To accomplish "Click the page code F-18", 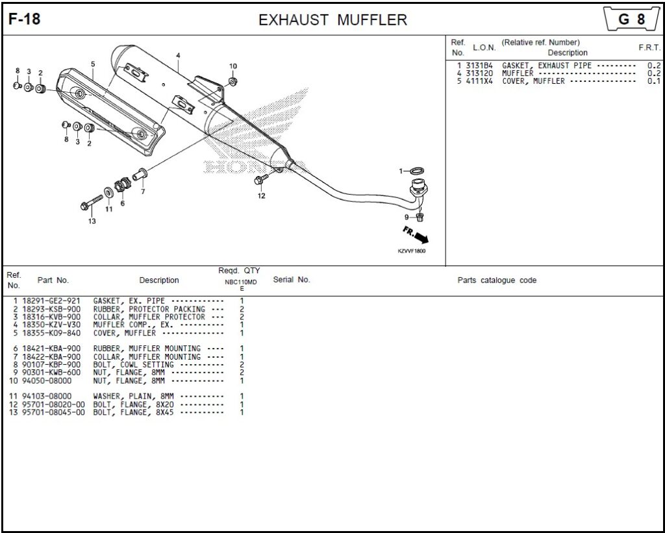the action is pyautogui.click(x=25, y=19).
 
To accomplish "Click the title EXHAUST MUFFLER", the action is pyautogui.click(x=332, y=20).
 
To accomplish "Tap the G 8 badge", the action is pyautogui.click(x=632, y=19).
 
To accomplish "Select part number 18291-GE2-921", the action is pyautogui.click(x=51, y=301).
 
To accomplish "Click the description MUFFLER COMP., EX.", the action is pyautogui.click(x=133, y=325).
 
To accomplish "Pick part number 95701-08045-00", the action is pyautogui.click(x=53, y=412).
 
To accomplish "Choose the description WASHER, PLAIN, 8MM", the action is pyautogui.click(x=133, y=397).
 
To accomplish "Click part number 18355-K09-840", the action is pyautogui.click(x=51, y=333).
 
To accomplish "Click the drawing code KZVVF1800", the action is pyautogui.click(x=411, y=251).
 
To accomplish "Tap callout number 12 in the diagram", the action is pyautogui.click(x=261, y=195).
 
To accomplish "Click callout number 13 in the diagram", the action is pyautogui.click(x=92, y=221).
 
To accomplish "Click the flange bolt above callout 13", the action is pyautogui.click(x=91, y=203).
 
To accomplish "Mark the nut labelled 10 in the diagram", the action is pyautogui.click(x=233, y=81).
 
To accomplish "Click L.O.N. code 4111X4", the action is pyautogui.click(x=479, y=81).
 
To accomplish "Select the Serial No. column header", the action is pyautogui.click(x=292, y=280).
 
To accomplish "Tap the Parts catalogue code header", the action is pyautogui.click(x=497, y=280).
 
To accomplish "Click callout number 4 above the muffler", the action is pyautogui.click(x=178, y=56).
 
